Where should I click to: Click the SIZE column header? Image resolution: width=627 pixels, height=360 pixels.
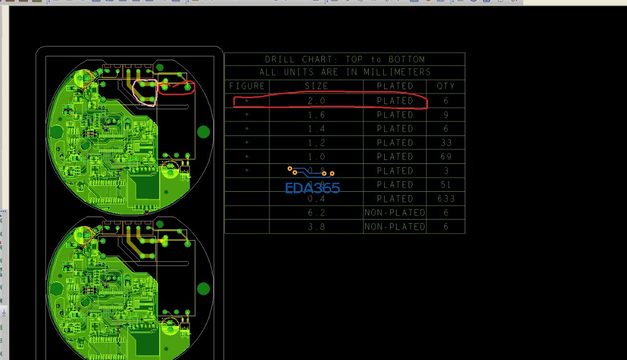click(x=316, y=86)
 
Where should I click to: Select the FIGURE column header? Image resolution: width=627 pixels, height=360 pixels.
click(x=247, y=86)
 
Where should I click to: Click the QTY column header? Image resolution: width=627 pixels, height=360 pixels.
click(x=446, y=86)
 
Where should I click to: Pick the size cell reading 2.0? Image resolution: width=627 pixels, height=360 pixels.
click(x=316, y=101)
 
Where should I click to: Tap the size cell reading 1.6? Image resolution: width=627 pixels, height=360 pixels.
click(x=316, y=115)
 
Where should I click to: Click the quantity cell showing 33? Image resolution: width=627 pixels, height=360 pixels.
click(x=446, y=142)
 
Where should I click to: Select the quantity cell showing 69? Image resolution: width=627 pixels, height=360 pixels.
click(x=446, y=156)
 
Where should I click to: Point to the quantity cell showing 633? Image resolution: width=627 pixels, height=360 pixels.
click(x=446, y=199)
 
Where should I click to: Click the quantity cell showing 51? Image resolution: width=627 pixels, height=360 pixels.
click(x=446, y=185)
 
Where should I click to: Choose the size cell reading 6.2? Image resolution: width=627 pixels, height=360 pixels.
click(x=316, y=213)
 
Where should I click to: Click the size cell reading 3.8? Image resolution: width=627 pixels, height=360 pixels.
click(x=316, y=227)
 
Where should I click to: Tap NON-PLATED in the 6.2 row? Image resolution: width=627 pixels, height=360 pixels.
click(x=395, y=213)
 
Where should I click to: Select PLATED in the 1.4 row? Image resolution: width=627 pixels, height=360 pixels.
click(x=395, y=128)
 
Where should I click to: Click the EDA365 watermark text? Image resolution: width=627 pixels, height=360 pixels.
click(x=313, y=188)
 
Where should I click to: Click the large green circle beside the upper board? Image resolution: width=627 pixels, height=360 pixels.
click(x=204, y=131)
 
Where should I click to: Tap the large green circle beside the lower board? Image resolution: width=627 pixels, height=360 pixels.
click(x=204, y=289)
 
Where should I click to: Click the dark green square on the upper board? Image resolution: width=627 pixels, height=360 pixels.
click(x=147, y=187)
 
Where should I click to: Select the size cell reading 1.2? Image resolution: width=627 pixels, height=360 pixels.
click(x=316, y=142)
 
